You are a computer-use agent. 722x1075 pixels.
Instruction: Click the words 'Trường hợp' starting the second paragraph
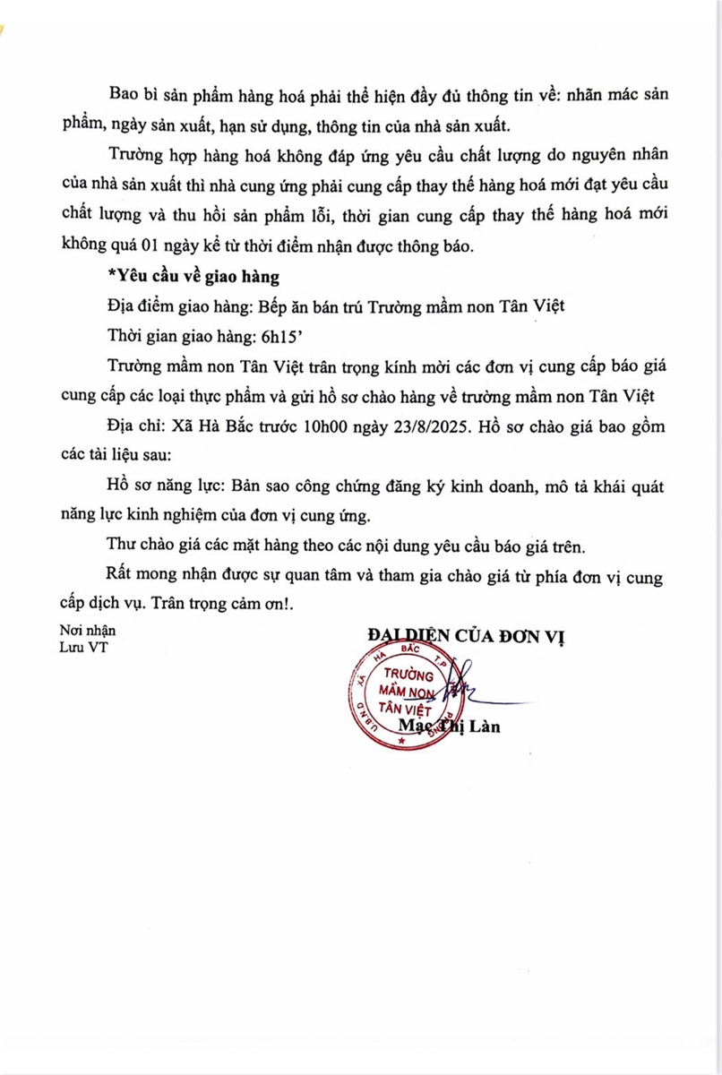pyautogui.click(x=150, y=154)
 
